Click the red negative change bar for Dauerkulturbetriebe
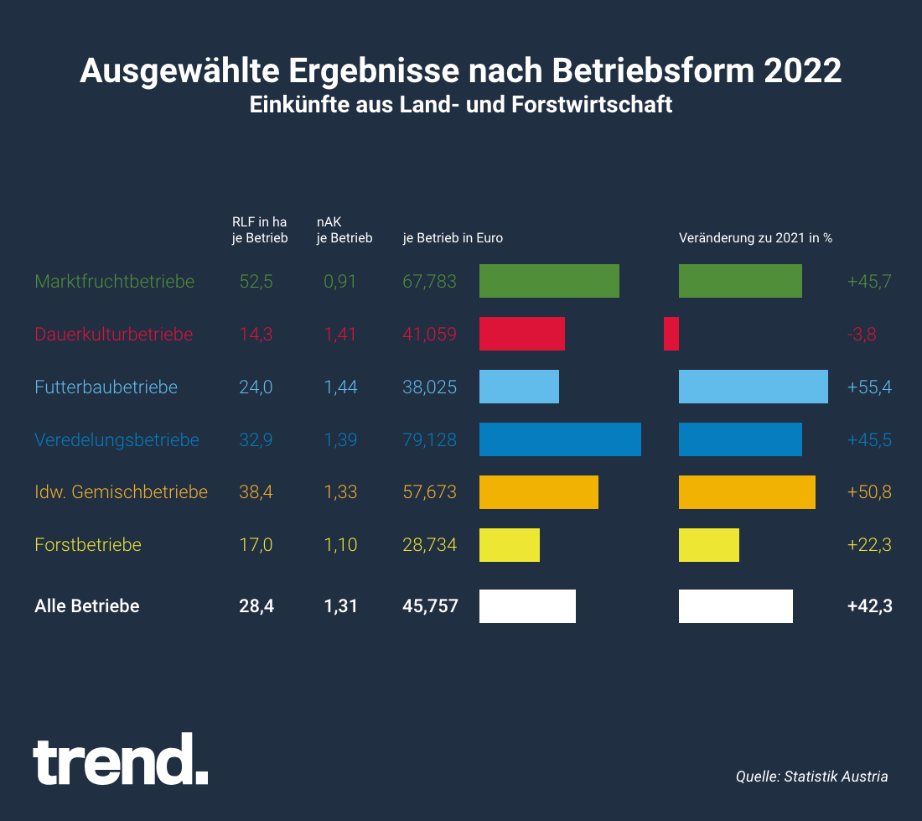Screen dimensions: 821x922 pos(671,334)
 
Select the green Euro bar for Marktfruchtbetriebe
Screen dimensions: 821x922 pos(549,281)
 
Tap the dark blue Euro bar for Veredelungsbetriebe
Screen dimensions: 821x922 pos(560,439)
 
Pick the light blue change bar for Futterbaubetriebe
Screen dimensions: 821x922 pos(753,387)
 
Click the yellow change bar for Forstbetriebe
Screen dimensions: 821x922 pos(708,545)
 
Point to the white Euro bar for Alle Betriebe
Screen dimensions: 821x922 pos(527,605)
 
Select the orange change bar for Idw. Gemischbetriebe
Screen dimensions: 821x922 pos(747,492)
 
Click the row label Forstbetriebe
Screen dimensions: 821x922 pos(88,545)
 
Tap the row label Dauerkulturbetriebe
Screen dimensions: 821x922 pos(114,334)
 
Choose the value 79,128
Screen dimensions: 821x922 pos(430,439)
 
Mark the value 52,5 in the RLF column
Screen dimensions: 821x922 pos(256,282)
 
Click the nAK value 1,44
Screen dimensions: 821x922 pos(340,387)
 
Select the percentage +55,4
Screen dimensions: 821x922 pos(869,387)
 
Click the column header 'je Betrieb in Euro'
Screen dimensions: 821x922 pos(453,238)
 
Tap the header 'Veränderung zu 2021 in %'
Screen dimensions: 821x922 pos(755,238)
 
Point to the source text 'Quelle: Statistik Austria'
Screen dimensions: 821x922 pos(811,777)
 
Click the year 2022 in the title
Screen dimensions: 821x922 pos(803,71)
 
